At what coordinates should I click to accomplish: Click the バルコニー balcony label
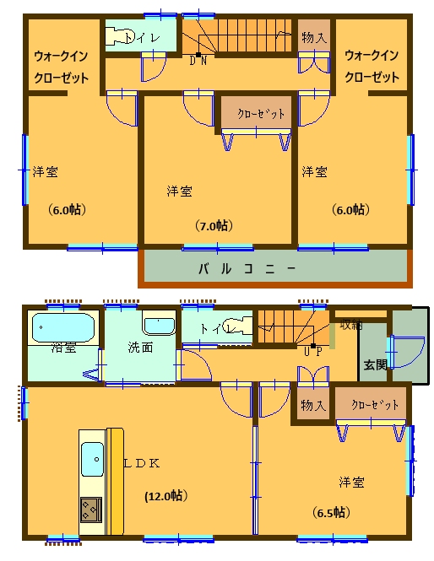click(x=247, y=270)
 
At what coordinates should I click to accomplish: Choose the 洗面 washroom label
click(x=139, y=346)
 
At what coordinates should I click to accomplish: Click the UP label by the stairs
click(x=312, y=350)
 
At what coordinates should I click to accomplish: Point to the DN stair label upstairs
click(x=199, y=60)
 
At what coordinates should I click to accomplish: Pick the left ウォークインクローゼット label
click(x=60, y=66)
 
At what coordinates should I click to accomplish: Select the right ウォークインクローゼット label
click(x=372, y=66)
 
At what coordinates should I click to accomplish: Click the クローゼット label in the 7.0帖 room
click(x=255, y=113)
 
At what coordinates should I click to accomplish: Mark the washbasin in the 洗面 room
click(x=157, y=324)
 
